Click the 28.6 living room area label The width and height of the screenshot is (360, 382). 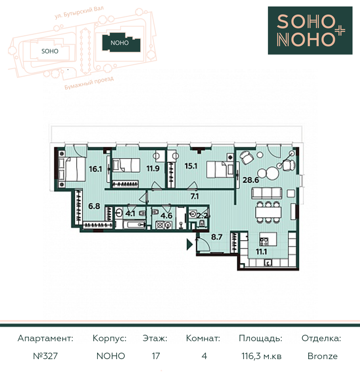(x=251, y=180)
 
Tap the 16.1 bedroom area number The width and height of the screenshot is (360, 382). (x=96, y=169)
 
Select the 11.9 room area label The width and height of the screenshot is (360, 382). (x=153, y=168)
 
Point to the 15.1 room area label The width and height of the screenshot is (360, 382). (x=191, y=166)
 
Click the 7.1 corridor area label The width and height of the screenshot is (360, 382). (x=195, y=196)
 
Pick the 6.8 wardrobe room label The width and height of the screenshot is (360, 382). (x=94, y=206)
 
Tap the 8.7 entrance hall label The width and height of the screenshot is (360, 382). (x=217, y=237)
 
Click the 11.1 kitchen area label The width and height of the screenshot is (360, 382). (x=261, y=252)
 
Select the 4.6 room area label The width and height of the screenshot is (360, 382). (x=166, y=215)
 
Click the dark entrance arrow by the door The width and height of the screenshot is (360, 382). (x=190, y=244)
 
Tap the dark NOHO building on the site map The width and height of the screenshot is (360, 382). (x=121, y=43)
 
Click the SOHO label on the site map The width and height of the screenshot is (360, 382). (x=50, y=51)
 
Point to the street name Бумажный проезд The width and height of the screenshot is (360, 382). (x=89, y=83)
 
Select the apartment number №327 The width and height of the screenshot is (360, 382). (x=45, y=356)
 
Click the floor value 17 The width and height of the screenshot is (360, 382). (x=156, y=356)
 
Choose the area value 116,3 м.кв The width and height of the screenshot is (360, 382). (x=261, y=356)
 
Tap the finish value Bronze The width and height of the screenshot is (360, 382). (x=323, y=356)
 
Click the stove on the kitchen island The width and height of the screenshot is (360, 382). (x=264, y=242)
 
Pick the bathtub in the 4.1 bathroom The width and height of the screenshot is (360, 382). (x=130, y=225)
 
